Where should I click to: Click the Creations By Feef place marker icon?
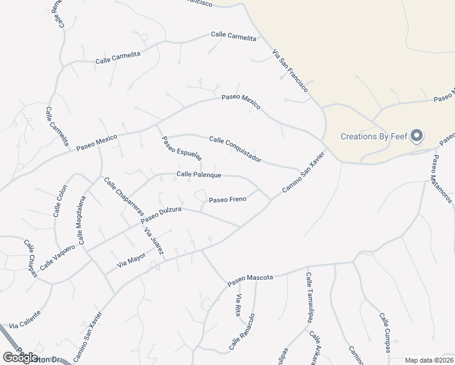pos(417,136)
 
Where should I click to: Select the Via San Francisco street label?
pos(290,70)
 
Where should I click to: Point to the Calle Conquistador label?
pos(235,149)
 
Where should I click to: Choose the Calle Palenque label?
pos(198,175)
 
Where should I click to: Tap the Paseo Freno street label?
pos(227,200)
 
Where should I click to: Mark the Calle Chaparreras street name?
pos(123,196)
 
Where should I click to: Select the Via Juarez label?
pos(154,241)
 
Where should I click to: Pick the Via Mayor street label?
pos(131,260)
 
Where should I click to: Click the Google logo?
pos(20,358)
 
